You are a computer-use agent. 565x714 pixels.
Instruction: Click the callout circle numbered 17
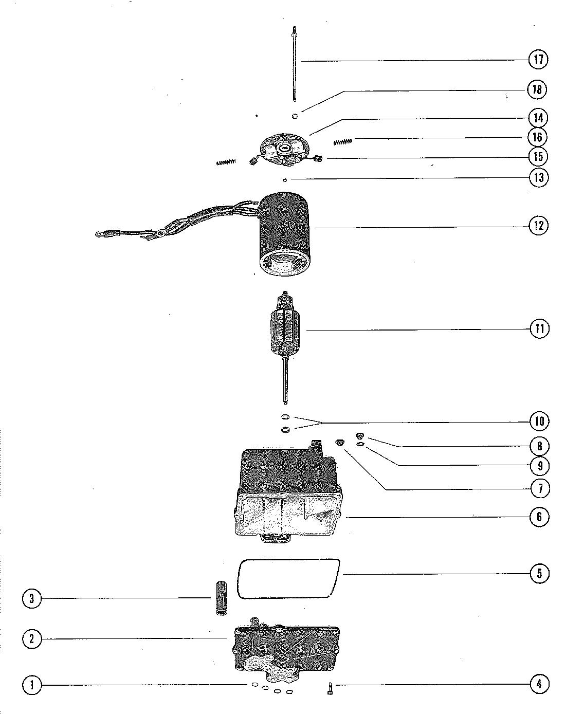(x=538, y=59)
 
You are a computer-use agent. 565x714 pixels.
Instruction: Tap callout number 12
(x=538, y=225)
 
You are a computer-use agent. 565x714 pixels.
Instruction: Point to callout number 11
(x=539, y=328)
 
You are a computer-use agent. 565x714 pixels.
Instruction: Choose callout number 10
(x=539, y=422)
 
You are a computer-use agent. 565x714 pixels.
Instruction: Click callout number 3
(x=32, y=598)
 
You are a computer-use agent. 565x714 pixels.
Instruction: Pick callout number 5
(x=539, y=573)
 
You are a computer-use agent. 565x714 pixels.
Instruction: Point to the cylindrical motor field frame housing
(x=285, y=231)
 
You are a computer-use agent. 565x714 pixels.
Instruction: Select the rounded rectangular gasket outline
(x=288, y=577)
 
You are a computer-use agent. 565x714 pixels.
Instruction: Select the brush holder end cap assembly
(x=285, y=149)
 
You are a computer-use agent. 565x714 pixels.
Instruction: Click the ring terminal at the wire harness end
(x=98, y=235)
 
